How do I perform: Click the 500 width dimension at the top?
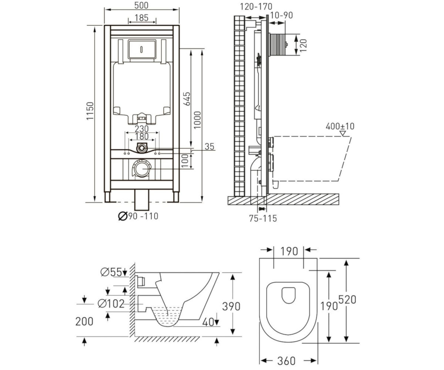(x=141, y=6)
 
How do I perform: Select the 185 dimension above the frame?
(x=142, y=18)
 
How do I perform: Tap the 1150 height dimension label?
(x=90, y=111)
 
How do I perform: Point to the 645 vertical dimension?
(x=187, y=99)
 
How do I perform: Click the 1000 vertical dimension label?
(x=197, y=120)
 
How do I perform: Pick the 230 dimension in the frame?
(x=142, y=129)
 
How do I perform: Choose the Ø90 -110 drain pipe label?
(x=138, y=216)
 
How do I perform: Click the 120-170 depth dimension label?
(x=256, y=7)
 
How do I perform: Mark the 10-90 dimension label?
(x=281, y=15)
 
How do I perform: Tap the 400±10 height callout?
(x=340, y=126)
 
